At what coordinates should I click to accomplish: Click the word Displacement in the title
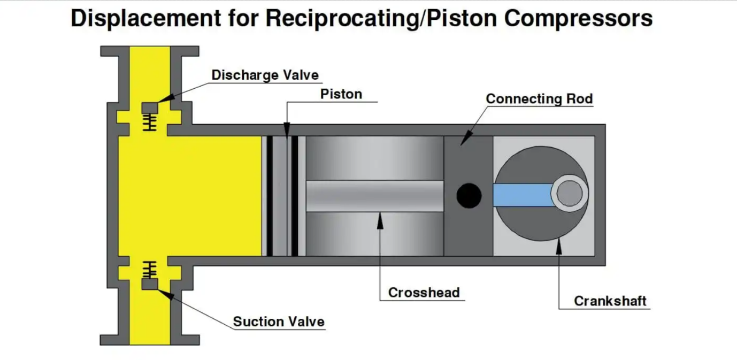click(146, 19)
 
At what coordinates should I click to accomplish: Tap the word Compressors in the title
click(578, 19)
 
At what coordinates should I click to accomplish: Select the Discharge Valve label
click(265, 75)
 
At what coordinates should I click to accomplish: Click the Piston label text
click(341, 94)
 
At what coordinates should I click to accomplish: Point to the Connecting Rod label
click(539, 99)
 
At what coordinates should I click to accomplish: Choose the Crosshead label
click(424, 293)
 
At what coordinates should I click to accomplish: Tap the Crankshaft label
click(610, 301)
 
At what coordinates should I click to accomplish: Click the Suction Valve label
click(279, 321)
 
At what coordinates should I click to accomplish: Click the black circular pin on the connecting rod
click(469, 196)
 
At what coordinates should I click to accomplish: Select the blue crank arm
click(523, 195)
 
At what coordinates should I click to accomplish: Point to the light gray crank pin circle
click(570, 193)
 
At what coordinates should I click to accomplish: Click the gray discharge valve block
click(150, 108)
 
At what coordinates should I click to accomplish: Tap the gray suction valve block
click(150, 285)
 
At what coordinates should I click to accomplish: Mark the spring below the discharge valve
click(150, 122)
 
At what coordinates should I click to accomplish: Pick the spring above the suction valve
click(150, 270)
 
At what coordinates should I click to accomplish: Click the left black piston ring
click(270, 196)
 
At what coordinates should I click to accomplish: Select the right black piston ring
click(295, 196)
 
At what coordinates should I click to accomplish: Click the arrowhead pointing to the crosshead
click(380, 220)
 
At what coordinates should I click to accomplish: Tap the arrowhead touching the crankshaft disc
click(559, 246)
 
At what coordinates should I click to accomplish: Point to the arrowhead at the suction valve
click(166, 294)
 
